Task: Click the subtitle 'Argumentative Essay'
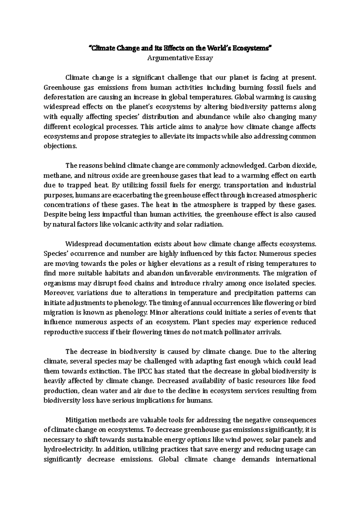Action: (x=180, y=58)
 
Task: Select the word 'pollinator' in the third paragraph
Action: (x=248, y=332)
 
